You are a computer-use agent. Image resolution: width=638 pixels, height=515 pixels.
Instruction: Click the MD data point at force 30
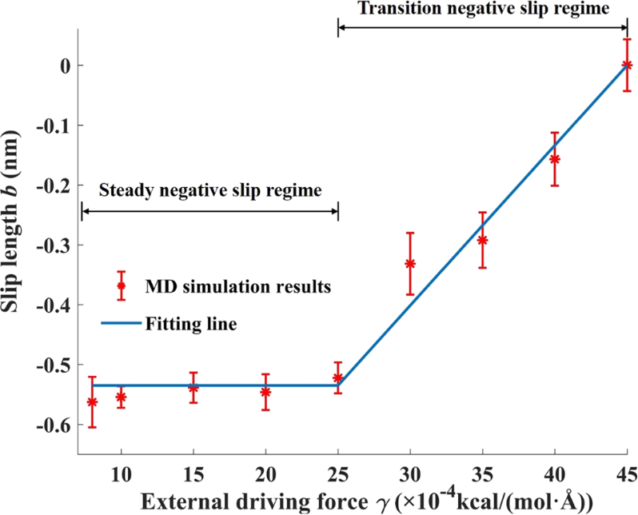[x=410, y=263]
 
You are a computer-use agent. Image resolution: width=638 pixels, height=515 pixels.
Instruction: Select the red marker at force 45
[x=628, y=65]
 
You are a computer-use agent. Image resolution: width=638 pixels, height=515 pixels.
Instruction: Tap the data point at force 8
[x=92, y=401]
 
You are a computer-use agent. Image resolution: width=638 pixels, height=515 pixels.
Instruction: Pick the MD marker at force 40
[x=555, y=158]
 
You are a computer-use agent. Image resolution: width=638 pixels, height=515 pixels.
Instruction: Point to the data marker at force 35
[x=482, y=239]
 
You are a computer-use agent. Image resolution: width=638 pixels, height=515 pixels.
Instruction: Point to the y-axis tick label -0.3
[x=56, y=245]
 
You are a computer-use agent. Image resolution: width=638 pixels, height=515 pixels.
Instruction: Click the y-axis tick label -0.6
[x=56, y=425]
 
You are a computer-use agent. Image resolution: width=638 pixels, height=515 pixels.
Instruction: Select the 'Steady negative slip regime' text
[x=209, y=190]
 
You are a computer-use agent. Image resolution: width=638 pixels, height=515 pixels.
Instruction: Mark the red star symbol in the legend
[x=122, y=285]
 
